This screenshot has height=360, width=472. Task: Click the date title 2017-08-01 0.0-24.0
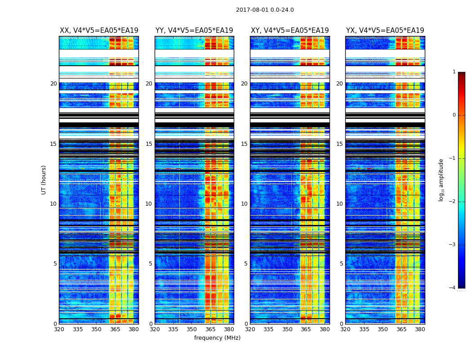tap(265, 10)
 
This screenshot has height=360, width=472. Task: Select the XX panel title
tap(99, 31)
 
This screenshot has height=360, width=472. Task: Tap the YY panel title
tap(194, 31)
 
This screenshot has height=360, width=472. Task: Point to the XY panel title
tap(290, 31)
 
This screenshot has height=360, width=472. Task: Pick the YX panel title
tap(385, 31)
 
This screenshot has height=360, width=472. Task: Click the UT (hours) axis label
tap(44, 180)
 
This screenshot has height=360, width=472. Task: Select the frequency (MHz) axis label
tap(217, 338)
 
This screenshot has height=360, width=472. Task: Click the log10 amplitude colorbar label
tap(441, 180)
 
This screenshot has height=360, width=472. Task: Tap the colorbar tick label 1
tap(454, 72)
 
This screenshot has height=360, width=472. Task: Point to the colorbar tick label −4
tap(453, 288)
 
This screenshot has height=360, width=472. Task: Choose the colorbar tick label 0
tap(454, 115)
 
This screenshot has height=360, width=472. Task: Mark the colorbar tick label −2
tap(453, 202)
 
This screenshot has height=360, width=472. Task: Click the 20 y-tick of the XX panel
tap(53, 84)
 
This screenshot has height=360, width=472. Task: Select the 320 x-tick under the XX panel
tap(59, 329)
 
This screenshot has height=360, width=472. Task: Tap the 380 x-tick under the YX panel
tap(420, 329)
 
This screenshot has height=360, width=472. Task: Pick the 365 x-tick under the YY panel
tap(210, 329)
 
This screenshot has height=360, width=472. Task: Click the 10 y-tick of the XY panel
tap(244, 204)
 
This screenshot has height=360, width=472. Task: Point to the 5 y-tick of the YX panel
tap(341, 264)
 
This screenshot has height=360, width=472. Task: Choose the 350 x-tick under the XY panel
tap(287, 329)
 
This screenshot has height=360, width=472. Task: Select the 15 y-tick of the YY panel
tap(149, 144)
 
